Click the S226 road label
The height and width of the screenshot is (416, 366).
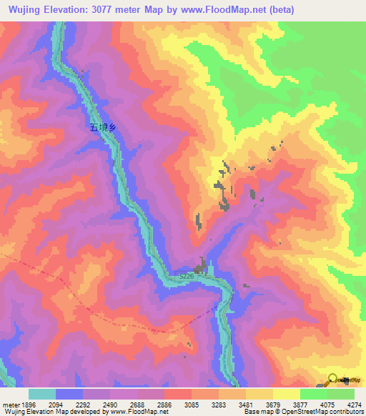pyautogui.click(x=187, y=275)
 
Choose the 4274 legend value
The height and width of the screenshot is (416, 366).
pyautogui.click(x=355, y=404)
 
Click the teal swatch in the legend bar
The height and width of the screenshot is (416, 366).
pyautogui.click(x=41, y=394)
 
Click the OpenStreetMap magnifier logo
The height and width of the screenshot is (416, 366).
pyautogui.click(x=332, y=379)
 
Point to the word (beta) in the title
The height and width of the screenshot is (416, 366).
pyautogui.click(x=279, y=10)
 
